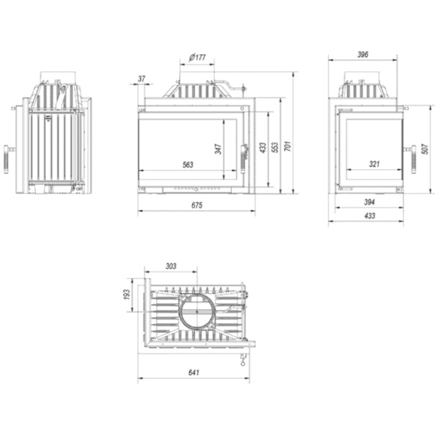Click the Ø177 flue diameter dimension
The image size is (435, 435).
tap(197, 57)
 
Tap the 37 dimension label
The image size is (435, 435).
tap(142, 79)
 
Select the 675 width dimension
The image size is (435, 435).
tap(197, 205)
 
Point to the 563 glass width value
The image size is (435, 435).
tap(188, 165)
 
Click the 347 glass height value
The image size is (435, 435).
tap(218, 149)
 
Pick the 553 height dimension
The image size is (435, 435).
tap(275, 147)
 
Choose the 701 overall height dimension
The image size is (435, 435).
tap(288, 146)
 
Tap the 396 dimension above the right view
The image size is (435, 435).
tap(362, 55)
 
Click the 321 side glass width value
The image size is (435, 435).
tap(374, 164)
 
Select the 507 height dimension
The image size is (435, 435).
tap(424, 149)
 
